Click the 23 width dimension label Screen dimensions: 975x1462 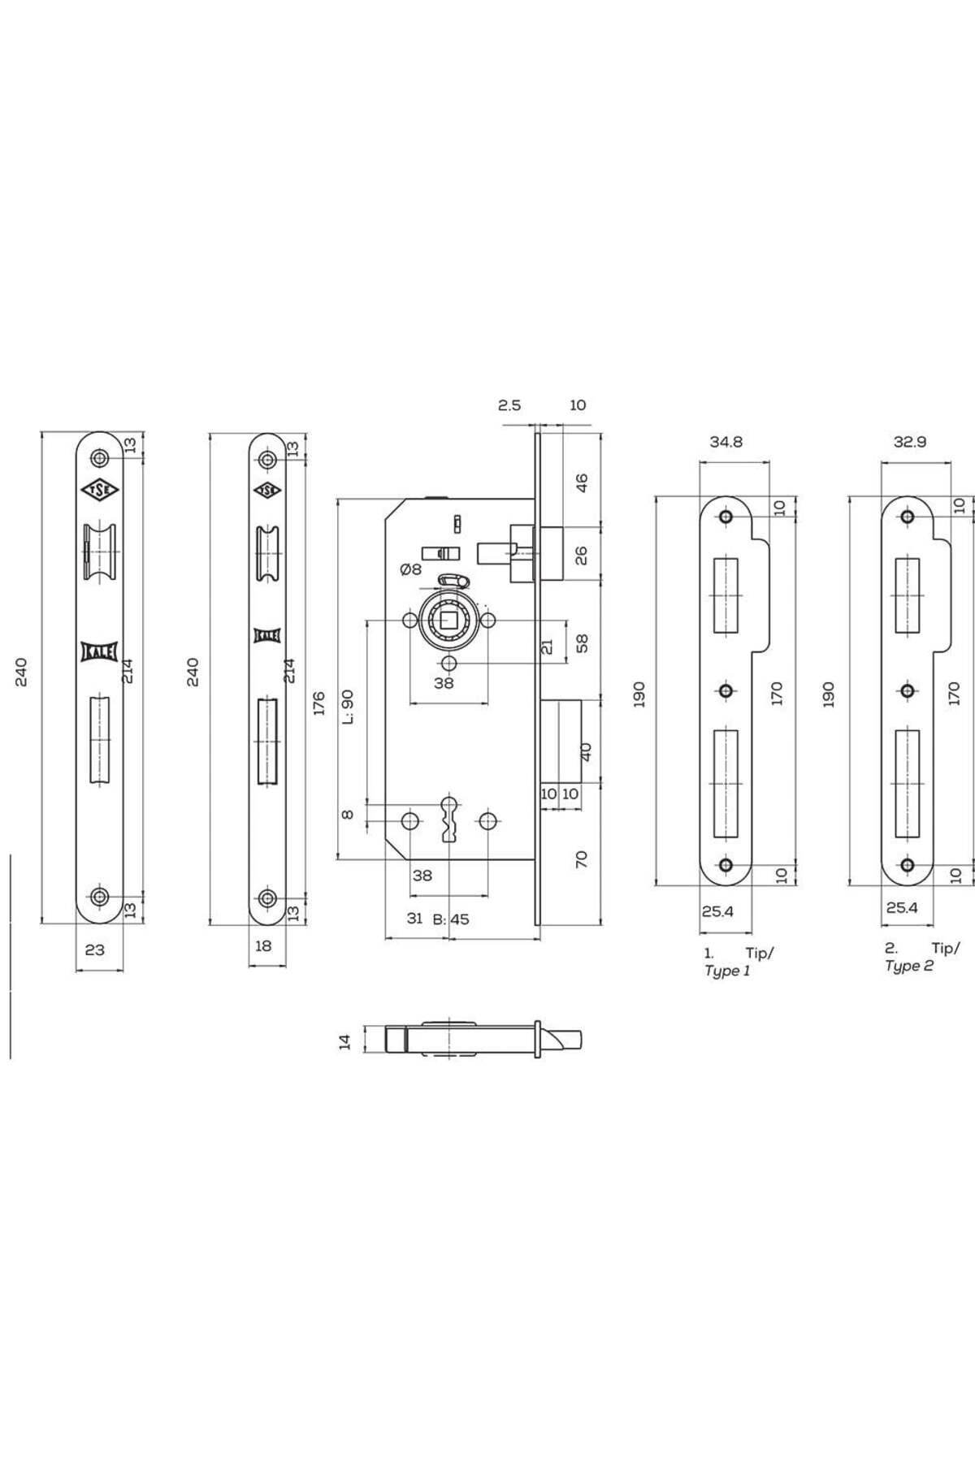pos(94,949)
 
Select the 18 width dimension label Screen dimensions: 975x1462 pos(262,945)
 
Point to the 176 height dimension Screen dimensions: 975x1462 pos(318,703)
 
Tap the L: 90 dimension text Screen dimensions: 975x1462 pos(348,707)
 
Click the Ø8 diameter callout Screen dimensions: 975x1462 pos(410,569)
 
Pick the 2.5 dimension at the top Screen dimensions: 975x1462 pos(509,404)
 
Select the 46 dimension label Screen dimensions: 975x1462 pos(582,482)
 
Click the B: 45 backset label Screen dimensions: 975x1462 pos(451,919)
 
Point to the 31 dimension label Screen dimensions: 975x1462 pos(414,918)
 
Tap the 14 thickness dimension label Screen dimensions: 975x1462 pos(345,1041)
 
